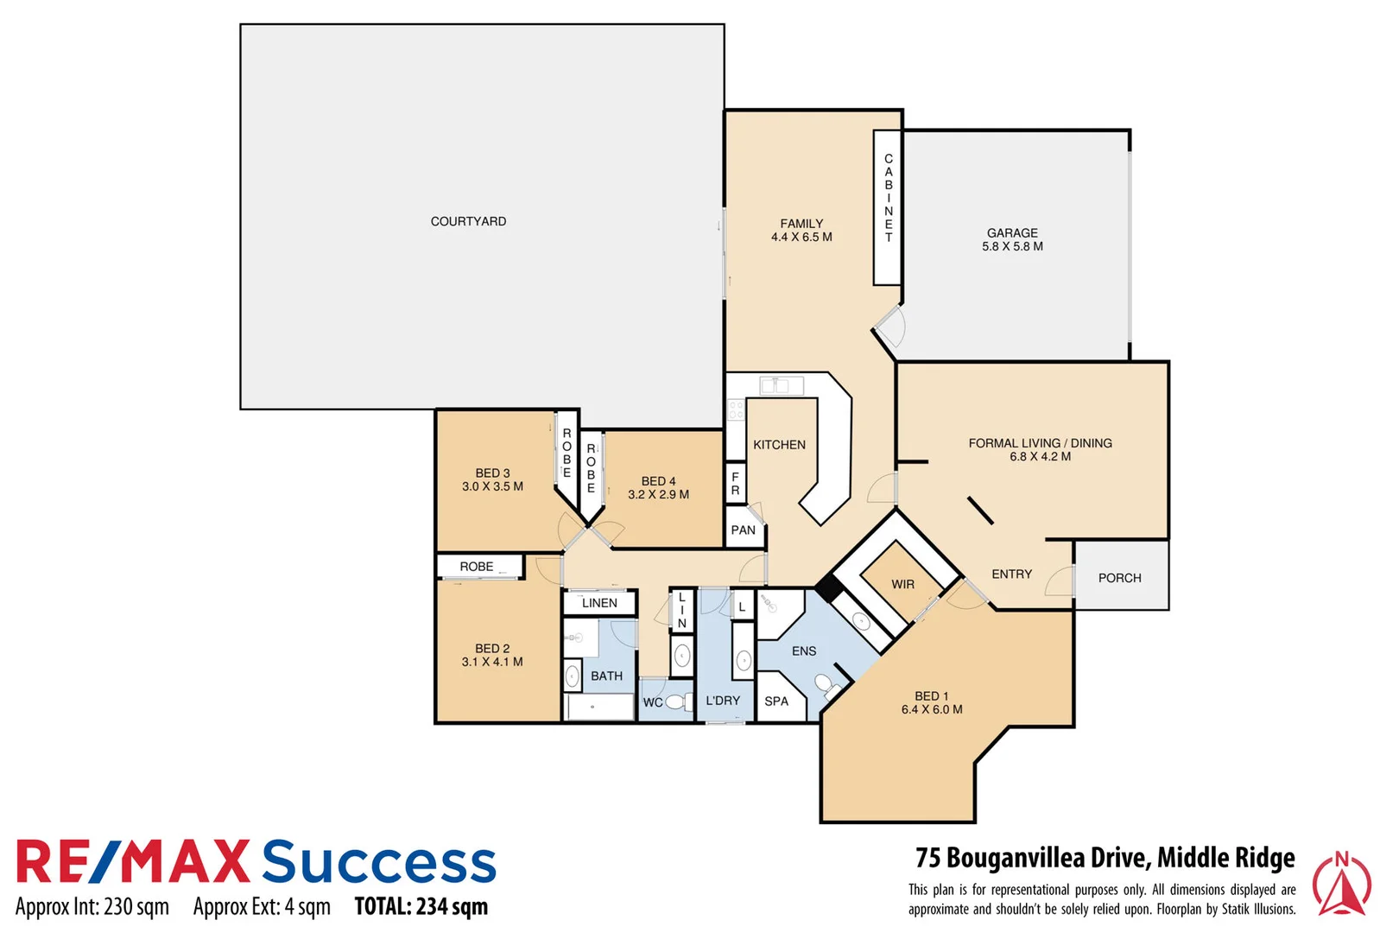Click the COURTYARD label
468,221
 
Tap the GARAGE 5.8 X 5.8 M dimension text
1012,246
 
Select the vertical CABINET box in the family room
888,207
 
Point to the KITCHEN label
779,444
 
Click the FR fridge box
735,484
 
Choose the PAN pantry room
743,530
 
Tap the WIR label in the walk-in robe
902,584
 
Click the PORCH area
1120,577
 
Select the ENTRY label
1011,574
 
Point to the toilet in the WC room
678,701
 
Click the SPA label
776,701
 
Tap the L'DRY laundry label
723,701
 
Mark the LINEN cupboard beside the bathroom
599,603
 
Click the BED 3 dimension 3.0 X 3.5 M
492,486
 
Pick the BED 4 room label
658,481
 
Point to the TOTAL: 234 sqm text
421,906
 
